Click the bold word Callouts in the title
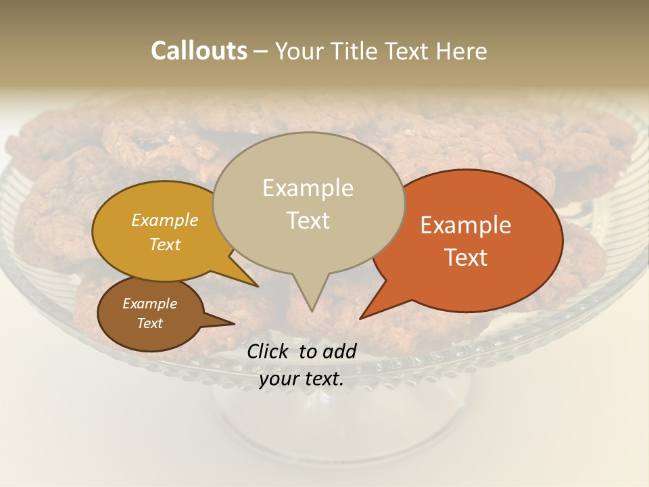(199, 51)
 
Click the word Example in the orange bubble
(466, 225)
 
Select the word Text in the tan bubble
(308, 221)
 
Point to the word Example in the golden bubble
(165, 220)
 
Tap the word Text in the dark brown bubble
(150, 323)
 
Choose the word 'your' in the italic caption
(279, 379)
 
